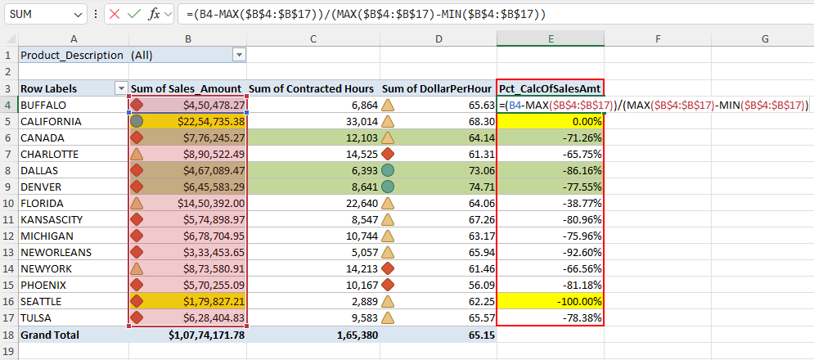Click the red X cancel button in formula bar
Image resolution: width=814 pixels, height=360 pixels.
[x=115, y=15]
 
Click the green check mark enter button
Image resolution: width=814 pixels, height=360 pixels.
[x=134, y=15]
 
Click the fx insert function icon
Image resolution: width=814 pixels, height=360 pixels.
[x=154, y=15]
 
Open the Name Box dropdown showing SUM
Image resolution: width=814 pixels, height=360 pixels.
[x=79, y=15]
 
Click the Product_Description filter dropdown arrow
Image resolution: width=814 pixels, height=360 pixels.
[x=239, y=55]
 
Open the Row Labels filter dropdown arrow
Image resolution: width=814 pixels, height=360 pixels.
[x=121, y=88]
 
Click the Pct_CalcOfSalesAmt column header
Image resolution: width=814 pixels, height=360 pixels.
[x=550, y=88]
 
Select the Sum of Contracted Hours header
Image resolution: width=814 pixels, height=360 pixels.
[x=311, y=88]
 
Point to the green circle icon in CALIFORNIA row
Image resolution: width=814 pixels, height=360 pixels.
[x=137, y=121]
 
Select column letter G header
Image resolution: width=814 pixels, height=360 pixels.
[x=764, y=38]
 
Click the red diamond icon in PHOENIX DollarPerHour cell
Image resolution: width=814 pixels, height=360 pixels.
[x=389, y=285]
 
